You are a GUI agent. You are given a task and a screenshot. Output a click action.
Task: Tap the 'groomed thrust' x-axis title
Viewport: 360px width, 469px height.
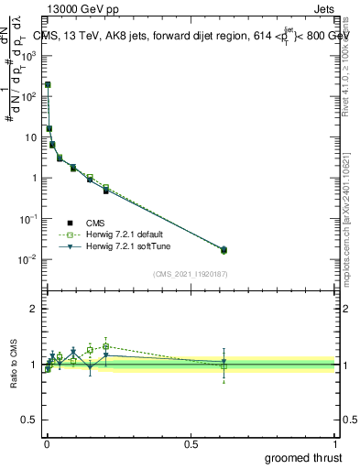(x=304, y=456)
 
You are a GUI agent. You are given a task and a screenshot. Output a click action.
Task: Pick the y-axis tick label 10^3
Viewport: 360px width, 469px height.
(x=28, y=55)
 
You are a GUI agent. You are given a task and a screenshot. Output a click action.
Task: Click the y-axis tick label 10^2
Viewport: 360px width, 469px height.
(x=28, y=96)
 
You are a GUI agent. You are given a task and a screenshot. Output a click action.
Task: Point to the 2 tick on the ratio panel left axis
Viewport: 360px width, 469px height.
(x=33, y=310)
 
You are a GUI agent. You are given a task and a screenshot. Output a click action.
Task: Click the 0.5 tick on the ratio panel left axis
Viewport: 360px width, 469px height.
(x=28, y=420)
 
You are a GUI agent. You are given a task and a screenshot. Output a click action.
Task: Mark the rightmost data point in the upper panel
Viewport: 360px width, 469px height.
(x=224, y=249)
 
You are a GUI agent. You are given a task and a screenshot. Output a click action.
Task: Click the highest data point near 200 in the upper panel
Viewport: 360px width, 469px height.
(x=48, y=84)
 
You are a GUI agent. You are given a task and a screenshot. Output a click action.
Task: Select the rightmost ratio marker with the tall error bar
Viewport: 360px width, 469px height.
(x=224, y=364)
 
